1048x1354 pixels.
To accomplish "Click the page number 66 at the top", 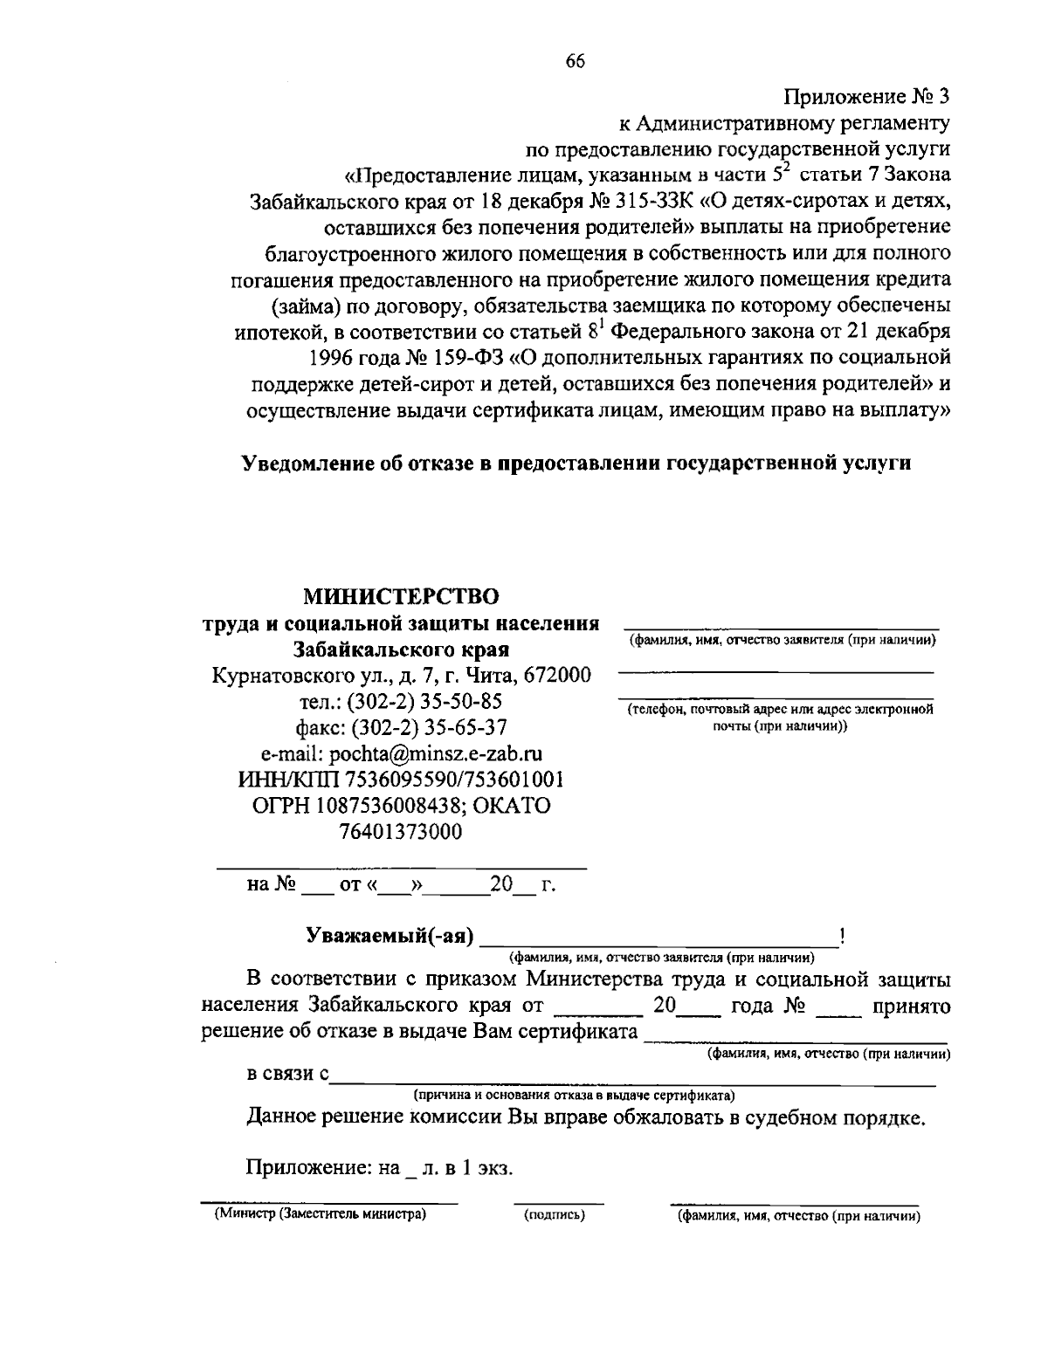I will pos(575,60).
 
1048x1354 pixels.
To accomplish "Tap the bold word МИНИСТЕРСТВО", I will pos(401,597).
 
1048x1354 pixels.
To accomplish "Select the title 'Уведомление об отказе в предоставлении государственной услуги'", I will pos(576,463).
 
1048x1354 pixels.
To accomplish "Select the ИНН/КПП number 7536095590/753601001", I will pos(454,780).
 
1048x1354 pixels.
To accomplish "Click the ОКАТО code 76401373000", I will pos(401,832).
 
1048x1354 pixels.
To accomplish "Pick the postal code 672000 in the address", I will pos(559,675).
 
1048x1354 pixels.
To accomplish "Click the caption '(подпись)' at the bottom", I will pos(554,1214).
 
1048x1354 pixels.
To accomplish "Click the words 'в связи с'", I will pos(287,1074).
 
